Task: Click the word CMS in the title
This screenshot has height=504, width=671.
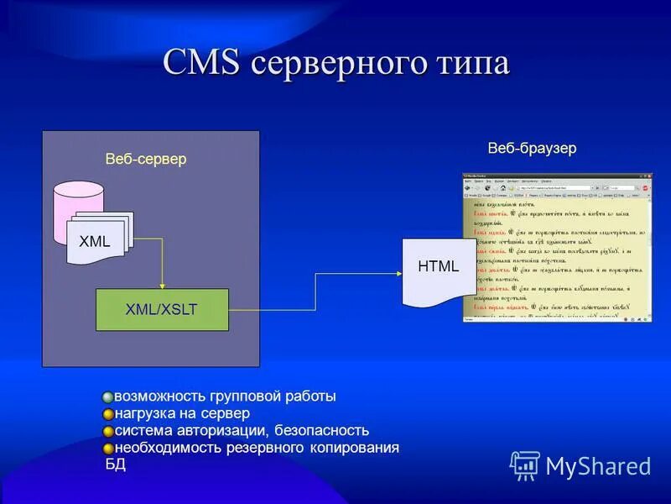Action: pos(202,64)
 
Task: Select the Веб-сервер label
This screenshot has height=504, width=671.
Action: pos(146,159)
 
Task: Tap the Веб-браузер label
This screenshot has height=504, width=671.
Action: pos(532,148)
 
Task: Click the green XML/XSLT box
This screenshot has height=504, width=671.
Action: pos(162,309)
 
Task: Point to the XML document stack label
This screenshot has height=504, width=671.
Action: pos(95,242)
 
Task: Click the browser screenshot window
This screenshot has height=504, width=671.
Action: pos(557,248)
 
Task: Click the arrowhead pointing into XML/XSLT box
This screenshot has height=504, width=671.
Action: pos(163,285)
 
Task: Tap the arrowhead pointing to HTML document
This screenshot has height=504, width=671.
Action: pos(398,272)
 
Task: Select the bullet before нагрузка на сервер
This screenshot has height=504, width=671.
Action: pos(108,414)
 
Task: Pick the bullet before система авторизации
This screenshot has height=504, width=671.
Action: pos(108,431)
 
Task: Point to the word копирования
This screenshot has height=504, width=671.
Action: pos(351,448)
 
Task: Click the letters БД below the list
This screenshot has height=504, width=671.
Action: pos(115,464)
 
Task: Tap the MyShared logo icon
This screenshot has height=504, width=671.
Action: pos(525,465)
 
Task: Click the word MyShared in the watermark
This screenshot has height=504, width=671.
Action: pos(598,466)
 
